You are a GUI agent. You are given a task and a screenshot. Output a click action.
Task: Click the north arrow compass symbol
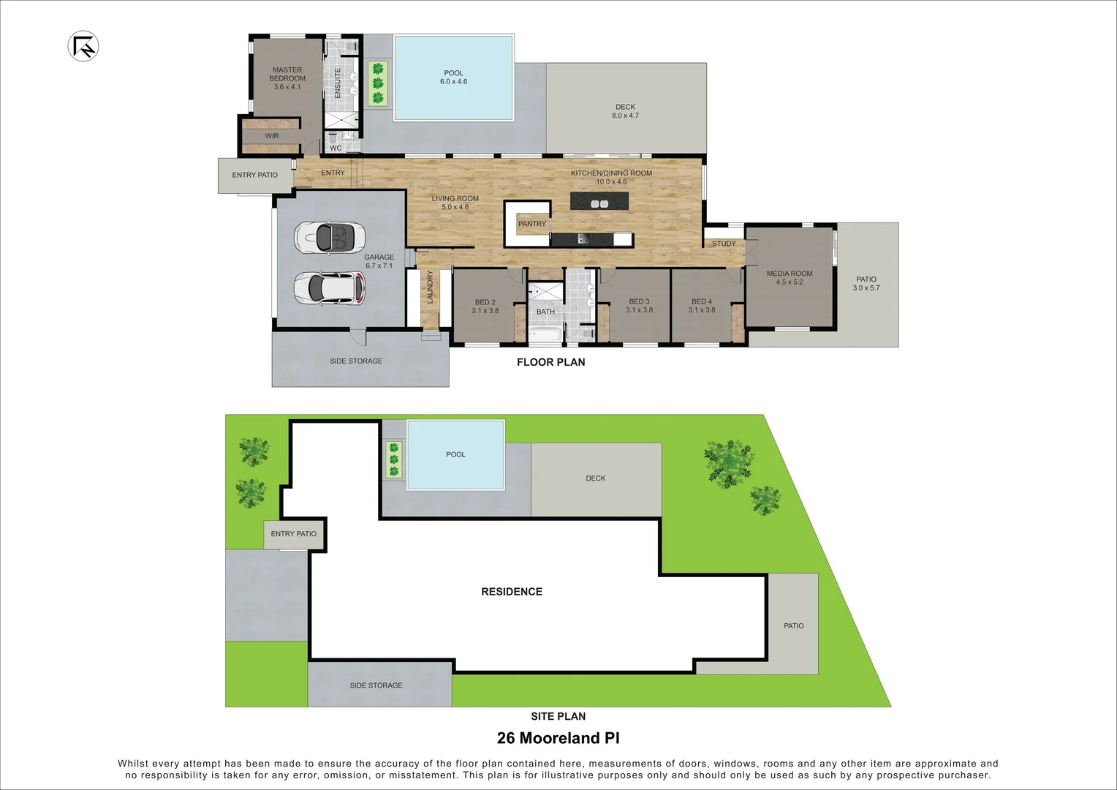(83, 47)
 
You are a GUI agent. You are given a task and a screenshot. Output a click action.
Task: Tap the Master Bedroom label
(287, 78)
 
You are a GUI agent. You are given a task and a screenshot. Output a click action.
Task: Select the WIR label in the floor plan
(272, 136)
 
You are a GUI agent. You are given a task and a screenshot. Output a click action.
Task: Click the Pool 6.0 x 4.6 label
(453, 78)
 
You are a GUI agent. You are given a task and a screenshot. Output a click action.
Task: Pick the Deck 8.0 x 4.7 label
(625, 111)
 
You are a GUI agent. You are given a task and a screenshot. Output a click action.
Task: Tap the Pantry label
(531, 224)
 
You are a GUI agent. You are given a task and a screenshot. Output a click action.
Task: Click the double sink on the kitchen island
(599, 203)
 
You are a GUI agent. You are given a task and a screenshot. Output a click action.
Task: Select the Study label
(724, 244)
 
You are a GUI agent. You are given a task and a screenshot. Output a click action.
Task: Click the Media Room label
(790, 277)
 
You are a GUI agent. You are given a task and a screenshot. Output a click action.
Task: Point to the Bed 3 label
(639, 306)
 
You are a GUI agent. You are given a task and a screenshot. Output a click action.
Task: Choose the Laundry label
(430, 287)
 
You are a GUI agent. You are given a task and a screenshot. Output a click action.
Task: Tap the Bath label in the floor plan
(545, 312)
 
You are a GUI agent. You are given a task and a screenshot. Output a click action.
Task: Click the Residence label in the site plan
(512, 592)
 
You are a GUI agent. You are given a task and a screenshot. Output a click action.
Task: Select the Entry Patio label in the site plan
(293, 534)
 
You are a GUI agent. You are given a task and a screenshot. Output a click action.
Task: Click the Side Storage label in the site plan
(376, 685)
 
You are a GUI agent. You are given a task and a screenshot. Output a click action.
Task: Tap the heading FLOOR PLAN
(550, 362)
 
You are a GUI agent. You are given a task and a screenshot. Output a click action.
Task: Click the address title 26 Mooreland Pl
(558, 738)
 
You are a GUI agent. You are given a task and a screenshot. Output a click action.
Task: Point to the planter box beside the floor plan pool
(377, 83)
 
